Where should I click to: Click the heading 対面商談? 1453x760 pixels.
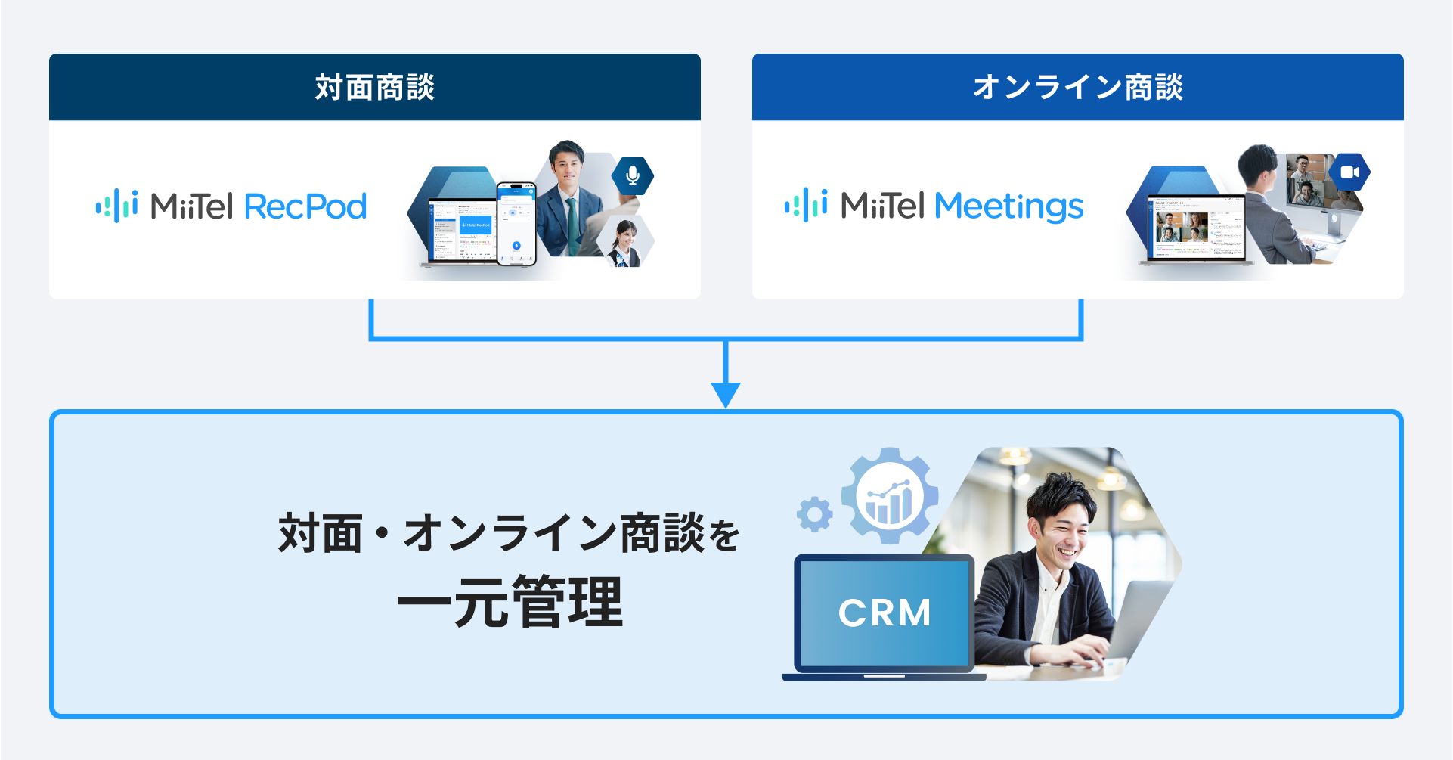(375, 87)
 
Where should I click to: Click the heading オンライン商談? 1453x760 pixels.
(1077, 87)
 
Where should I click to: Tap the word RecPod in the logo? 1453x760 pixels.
(305, 206)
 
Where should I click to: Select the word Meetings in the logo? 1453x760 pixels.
(1008, 206)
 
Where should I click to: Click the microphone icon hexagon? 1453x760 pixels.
(633, 175)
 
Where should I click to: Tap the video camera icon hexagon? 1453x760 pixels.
(1349, 172)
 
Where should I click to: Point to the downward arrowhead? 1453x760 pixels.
(726, 394)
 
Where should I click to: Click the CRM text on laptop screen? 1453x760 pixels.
(885, 613)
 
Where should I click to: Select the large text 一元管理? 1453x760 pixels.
(510, 602)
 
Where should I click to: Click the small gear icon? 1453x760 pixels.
(814, 514)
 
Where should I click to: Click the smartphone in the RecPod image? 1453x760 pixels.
(516, 224)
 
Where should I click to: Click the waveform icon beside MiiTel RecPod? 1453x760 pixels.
(116, 206)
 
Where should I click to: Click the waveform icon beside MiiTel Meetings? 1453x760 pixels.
(806, 205)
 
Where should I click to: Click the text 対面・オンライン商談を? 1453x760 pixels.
(509, 533)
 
